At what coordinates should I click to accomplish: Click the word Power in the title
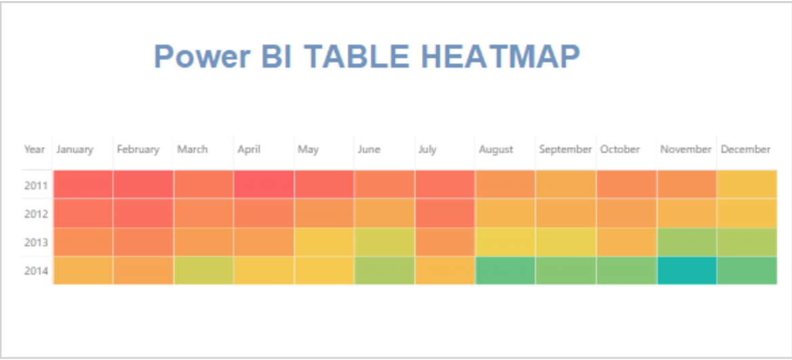[202, 57]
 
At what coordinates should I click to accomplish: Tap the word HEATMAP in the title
[500, 56]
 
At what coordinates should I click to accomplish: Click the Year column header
[35, 150]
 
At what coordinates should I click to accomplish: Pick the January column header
[74, 150]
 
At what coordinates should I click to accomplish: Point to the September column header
[565, 150]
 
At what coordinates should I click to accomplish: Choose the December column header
[745, 150]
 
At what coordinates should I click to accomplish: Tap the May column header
[308, 150]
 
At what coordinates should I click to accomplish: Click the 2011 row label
[36, 185]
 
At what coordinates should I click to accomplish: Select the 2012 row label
[36, 214]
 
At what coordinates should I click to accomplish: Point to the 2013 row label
[36, 242]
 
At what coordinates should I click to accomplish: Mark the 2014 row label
[36, 271]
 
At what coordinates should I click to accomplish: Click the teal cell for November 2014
[686, 271]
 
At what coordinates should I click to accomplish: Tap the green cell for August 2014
[505, 271]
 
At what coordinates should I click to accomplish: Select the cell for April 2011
[264, 184]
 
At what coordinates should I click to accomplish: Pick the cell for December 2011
[747, 184]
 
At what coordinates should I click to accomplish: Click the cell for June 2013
[384, 242]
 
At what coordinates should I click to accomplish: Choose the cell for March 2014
[204, 271]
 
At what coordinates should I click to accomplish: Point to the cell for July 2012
[445, 213]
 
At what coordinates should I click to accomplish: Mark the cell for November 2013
[686, 242]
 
